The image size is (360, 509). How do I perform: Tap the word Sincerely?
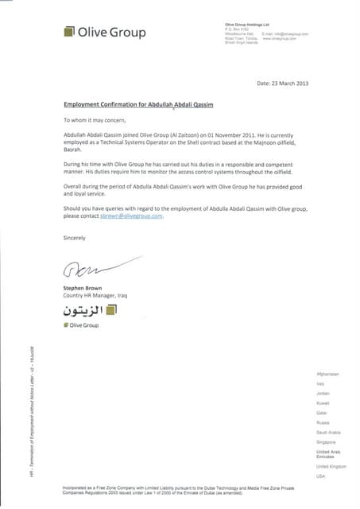(x=75, y=237)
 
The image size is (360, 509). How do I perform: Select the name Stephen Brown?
(x=83, y=287)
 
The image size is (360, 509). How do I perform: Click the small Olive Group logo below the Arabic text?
(x=82, y=326)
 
